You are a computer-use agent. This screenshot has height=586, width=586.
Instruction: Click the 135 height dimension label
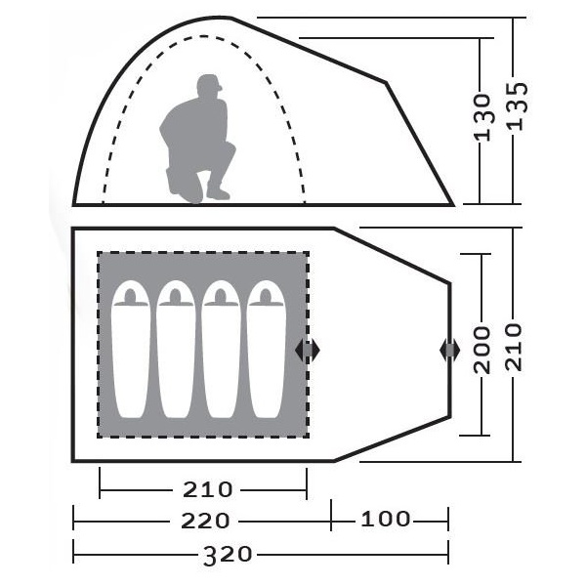tap(518, 106)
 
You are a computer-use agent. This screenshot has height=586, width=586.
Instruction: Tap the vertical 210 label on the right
tap(514, 347)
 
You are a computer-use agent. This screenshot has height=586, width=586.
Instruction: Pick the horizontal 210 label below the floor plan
tap(207, 489)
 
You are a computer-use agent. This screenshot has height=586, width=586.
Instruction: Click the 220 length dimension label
tap(205, 521)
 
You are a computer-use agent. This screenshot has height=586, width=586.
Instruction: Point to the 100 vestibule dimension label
tap(386, 519)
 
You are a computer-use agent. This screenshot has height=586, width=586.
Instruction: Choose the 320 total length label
tap(228, 554)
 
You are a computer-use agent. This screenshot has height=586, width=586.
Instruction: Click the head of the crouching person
tap(209, 87)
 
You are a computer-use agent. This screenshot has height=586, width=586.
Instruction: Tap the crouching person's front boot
tap(218, 191)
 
